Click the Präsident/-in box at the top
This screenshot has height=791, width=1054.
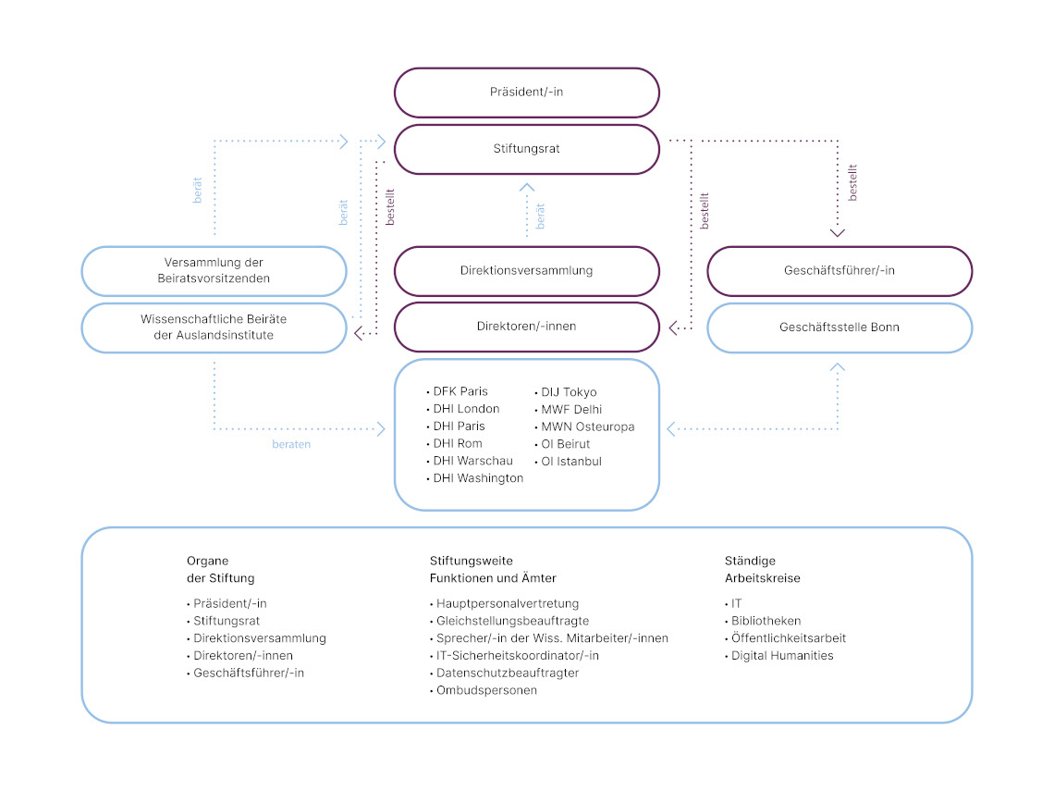[526, 93]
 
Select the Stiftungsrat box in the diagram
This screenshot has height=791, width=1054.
[526, 148]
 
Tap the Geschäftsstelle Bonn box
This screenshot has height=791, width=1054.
[840, 328]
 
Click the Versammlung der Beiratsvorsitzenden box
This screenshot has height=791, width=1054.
[214, 270]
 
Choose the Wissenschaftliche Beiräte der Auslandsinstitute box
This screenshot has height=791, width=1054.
[214, 327]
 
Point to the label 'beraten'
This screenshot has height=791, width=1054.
[291, 444]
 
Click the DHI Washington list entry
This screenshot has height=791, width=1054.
[478, 478]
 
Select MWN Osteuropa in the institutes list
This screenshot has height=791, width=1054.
[587, 426]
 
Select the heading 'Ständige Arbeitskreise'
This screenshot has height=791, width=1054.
[762, 569]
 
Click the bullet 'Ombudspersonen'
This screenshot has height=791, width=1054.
[486, 690]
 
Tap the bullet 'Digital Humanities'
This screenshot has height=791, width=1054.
[781, 655]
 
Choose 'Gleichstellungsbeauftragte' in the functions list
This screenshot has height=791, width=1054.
[512, 621]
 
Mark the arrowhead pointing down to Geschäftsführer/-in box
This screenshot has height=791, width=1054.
[838, 232]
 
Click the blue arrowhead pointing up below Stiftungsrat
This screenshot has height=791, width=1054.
[527, 187]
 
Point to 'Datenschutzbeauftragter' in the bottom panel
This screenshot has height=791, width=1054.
[508, 673]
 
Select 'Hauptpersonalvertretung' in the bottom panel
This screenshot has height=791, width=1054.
[507, 603]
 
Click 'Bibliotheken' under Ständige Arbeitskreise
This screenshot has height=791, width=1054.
[766, 621]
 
